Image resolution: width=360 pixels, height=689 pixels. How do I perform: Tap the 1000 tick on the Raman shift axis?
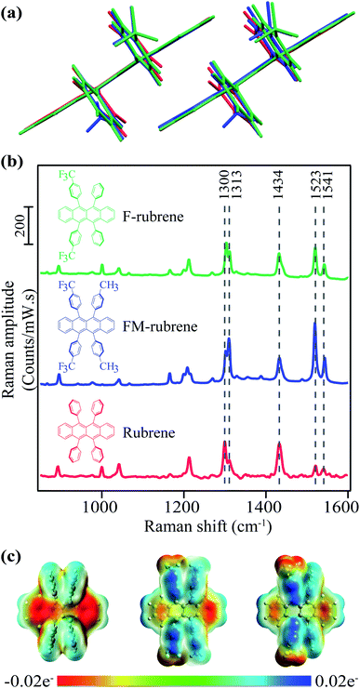[100, 493]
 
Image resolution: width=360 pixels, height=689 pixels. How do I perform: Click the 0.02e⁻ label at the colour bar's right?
[332, 680]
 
